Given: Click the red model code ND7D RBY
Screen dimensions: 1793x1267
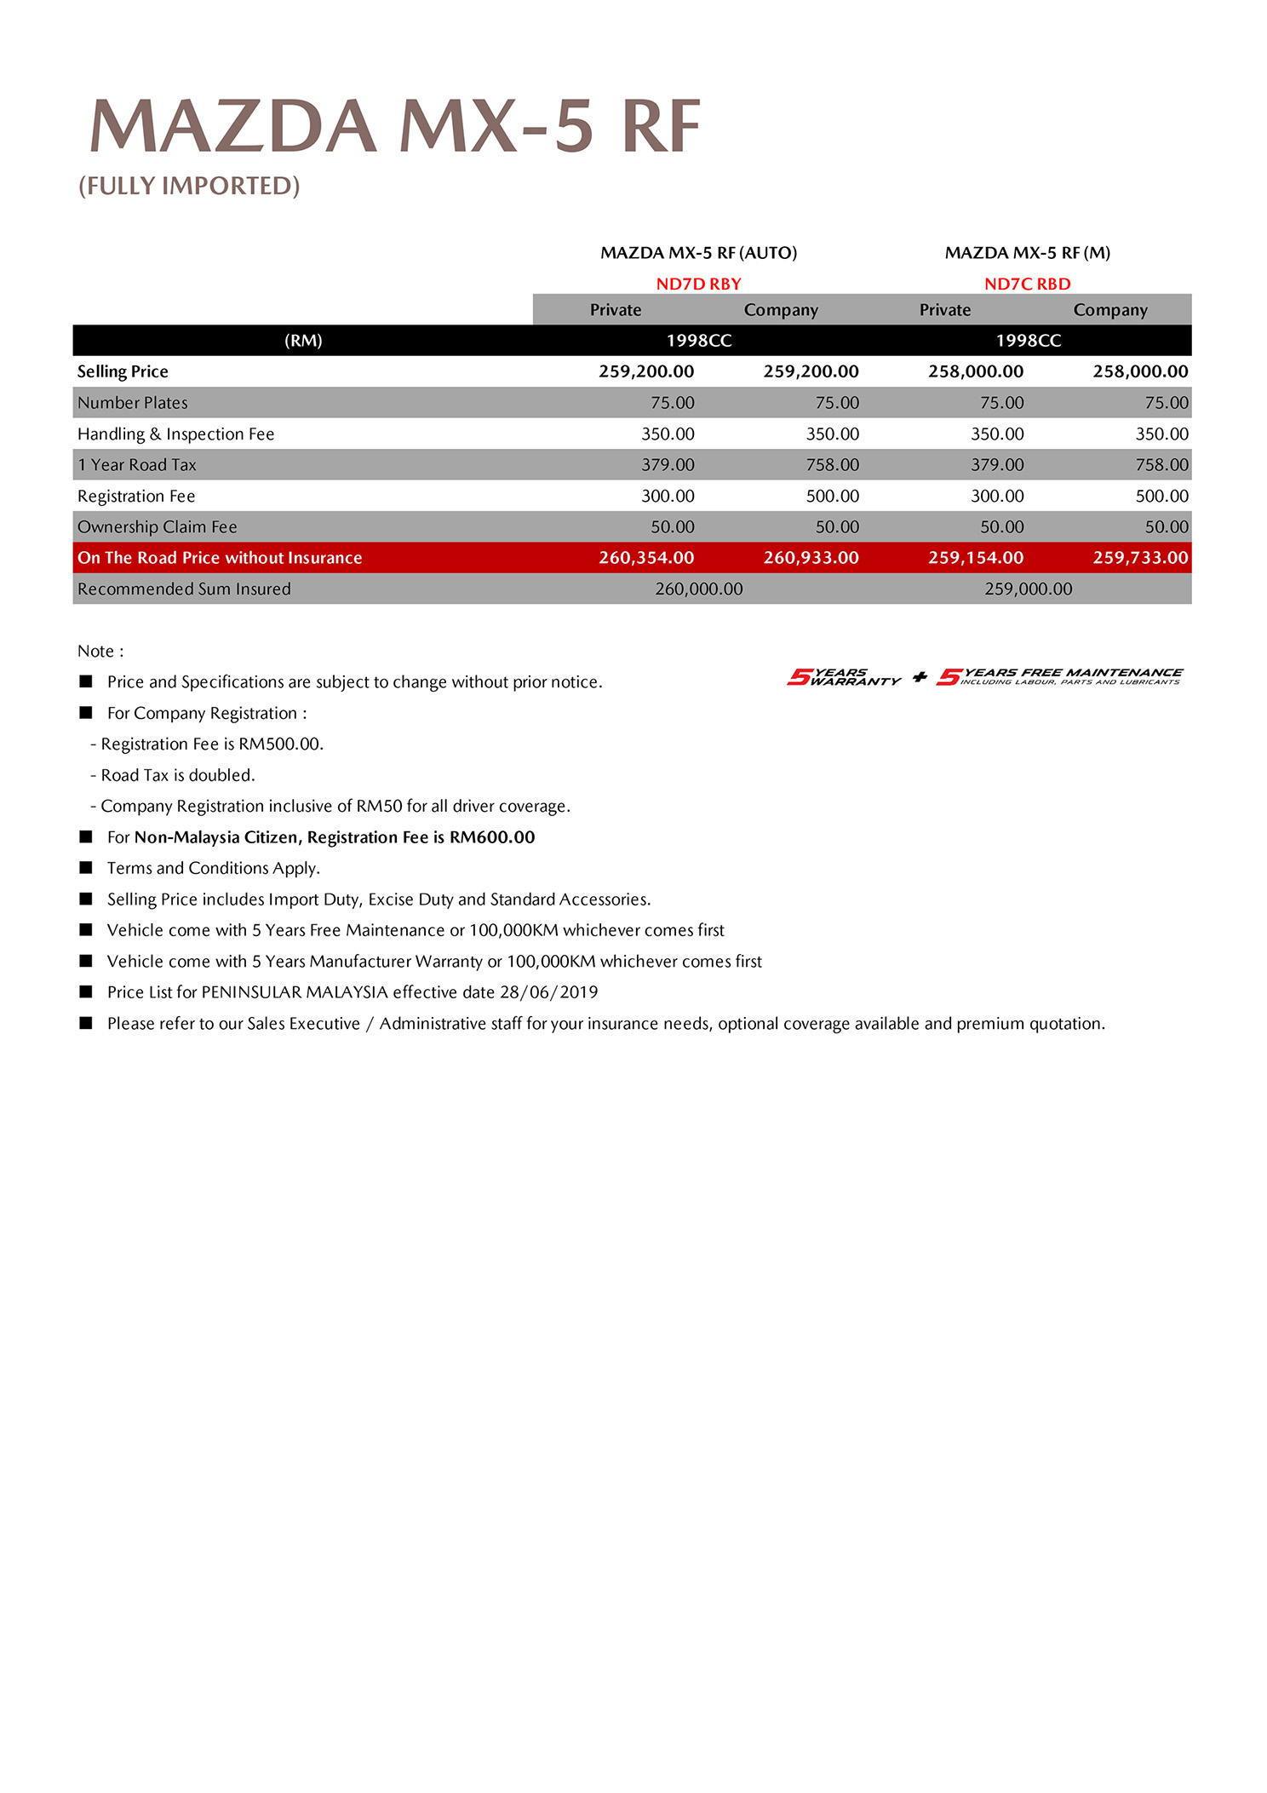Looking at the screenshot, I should pyautogui.click(x=698, y=284).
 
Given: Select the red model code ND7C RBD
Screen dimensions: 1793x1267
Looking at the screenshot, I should pyautogui.click(x=1027, y=284).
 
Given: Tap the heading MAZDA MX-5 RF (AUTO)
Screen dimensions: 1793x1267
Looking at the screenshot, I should pyautogui.click(x=698, y=253).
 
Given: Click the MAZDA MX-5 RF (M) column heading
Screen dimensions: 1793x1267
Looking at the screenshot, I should pyautogui.click(x=1027, y=253).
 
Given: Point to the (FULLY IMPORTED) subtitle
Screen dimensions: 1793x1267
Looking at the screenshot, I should pyautogui.click(x=189, y=186).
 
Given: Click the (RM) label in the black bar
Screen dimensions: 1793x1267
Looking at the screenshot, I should pyautogui.click(x=303, y=341).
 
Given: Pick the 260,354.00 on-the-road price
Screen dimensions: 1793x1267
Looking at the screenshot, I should pyautogui.click(x=646, y=558).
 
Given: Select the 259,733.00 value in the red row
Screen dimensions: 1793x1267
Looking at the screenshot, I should pyautogui.click(x=1140, y=558).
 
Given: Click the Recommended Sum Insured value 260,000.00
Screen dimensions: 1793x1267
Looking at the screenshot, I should pyautogui.click(x=698, y=589).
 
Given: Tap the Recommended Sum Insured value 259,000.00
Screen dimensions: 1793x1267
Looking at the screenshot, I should pyautogui.click(x=1028, y=589).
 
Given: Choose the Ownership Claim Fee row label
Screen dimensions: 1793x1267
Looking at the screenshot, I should pyautogui.click(x=158, y=527).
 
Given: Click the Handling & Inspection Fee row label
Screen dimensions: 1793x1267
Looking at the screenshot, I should pyautogui.click(x=176, y=434).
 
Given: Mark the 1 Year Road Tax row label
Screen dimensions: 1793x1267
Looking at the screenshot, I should pyautogui.click(x=137, y=465).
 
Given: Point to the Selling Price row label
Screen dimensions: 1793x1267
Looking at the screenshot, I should pyautogui.click(x=123, y=371).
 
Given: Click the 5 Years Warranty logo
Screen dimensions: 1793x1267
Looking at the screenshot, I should pyautogui.click(x=843, y=677).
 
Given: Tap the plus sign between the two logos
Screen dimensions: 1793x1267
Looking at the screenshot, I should pyautogui.click(x=920, y=677).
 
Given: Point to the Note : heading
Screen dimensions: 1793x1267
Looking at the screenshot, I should pyautogui.click(x=100, y=652).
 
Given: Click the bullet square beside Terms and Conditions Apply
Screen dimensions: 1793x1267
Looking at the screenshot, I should pyautogui.click(x=86, y=867).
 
